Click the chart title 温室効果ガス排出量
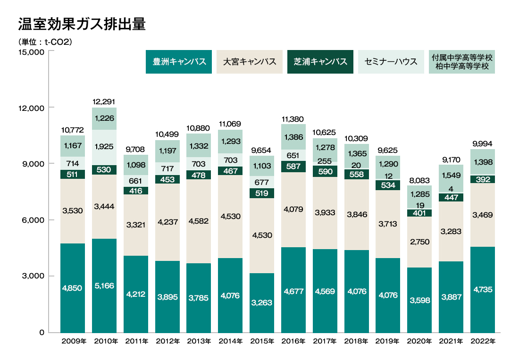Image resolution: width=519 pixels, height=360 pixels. pyautogui.click(x=81, y=25)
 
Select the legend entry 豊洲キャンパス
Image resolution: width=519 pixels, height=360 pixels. pyautogui.click(x=179, y=62)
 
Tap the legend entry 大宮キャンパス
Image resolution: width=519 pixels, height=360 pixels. pyautogui.click(x=250, y=62)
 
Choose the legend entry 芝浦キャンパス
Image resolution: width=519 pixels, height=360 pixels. pyautogui.click(x=320, y=62)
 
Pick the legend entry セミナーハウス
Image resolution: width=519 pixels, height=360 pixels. pyautogui.click(x=391, y=62)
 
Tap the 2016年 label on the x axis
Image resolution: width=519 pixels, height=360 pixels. pyautogui.click(x=293, y=341)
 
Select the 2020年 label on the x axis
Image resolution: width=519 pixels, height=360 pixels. pyautogui.click(x=419, y=341)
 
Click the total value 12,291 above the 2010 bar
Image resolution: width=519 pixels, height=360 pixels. pyautogui.click(x=104, y=101)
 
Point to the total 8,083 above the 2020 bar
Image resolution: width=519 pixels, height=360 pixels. pyautogui.click(x=419, y=180)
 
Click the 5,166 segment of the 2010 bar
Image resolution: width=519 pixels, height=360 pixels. pyautogui.click(x=104, y=286)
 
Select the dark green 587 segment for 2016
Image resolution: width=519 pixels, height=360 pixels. pyautogui.click(x=293, y=167)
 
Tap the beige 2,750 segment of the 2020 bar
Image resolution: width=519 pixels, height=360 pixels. pyautogui.click(x=419, y=242)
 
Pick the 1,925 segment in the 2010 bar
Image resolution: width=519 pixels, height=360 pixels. pyautogui.click(x=104, y=147)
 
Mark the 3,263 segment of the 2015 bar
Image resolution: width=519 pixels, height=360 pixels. pyautogui.click(x=262, y=302)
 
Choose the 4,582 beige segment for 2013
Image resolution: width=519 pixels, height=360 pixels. pyautogui.click(x=199, y=221)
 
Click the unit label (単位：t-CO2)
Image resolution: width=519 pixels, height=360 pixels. pyautogui.click(x=45, y=42)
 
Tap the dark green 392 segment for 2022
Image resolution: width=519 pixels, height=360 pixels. pyautogui.click(x=483, y=179)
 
